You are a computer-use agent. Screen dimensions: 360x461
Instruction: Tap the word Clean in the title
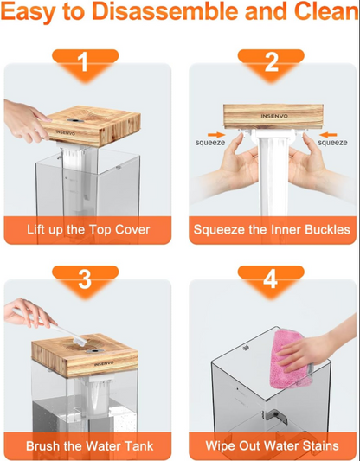pos(326,11)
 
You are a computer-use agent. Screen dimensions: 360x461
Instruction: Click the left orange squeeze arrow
pos(216,135)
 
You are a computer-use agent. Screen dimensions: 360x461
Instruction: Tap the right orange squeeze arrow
pos(328,135)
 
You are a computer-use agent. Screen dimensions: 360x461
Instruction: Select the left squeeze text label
pos(210,143)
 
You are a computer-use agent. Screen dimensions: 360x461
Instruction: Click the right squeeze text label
pos(332,143)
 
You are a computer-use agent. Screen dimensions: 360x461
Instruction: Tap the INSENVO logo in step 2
pos(274,116)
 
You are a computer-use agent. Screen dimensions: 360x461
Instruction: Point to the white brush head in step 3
pos(80,341)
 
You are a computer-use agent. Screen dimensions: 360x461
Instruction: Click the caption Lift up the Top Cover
pos(88,229)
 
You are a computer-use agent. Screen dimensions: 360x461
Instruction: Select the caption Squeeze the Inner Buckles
pos(272,229)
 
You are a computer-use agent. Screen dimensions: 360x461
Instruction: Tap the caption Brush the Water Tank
pos(89,446)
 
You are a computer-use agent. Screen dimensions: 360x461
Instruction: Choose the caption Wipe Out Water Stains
pos(272,446)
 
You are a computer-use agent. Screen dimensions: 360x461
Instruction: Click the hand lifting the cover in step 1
pos(25,119)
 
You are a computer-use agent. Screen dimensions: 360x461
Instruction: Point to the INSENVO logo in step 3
pos(104,364)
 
